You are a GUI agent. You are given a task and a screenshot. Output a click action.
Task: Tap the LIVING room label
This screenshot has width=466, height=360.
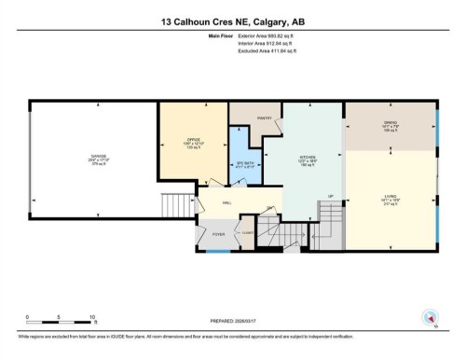click(391, 197)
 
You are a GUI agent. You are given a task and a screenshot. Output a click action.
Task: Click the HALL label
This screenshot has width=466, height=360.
click(226, 201)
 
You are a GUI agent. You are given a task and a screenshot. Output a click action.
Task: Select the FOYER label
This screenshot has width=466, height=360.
click(219, 234)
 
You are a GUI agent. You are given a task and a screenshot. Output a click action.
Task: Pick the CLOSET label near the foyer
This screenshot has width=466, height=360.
click(249, 233)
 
